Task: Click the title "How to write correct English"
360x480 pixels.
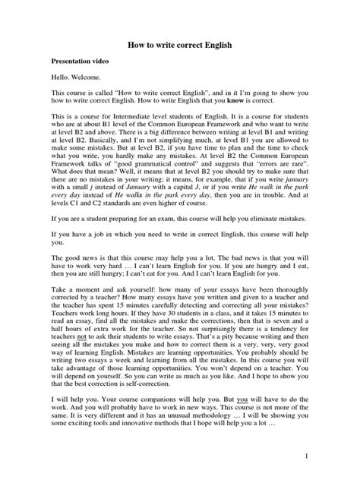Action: [180, 46]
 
